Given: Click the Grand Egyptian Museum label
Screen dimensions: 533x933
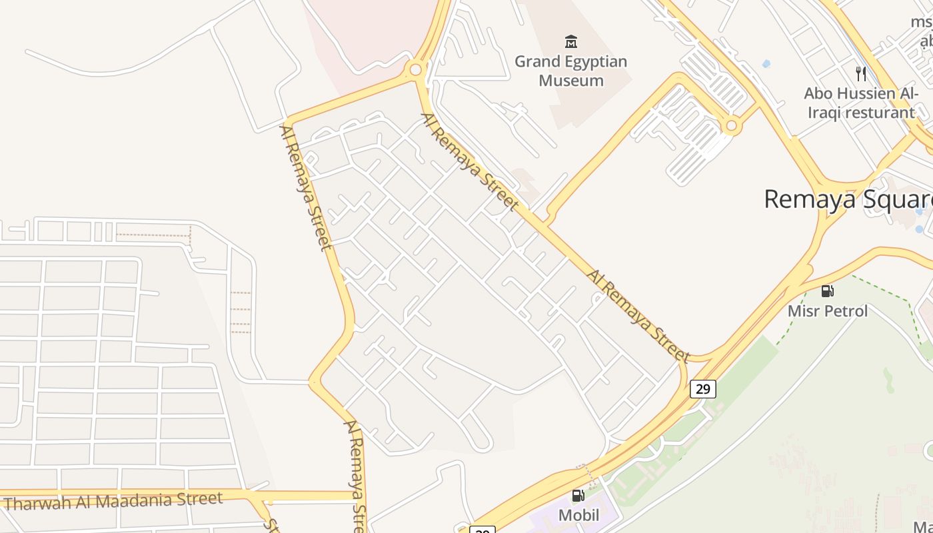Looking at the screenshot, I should (x=571, y=71).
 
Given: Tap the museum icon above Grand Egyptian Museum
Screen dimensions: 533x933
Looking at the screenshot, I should (x=571, y=42).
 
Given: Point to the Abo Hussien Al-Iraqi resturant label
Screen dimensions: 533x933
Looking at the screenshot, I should (x=860, y=103).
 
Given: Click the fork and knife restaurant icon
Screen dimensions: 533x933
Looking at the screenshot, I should (x=861, y=73).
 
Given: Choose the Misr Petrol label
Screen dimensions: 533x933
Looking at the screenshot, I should (x=828, y=311).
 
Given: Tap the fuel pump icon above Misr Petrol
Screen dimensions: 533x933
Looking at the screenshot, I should (x=828, y=290).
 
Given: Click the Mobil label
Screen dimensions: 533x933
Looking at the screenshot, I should (x=578, y=515).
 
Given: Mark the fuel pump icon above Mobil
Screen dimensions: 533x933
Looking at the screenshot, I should (x=578, y=495).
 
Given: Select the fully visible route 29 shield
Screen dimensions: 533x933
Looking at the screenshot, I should (x=703, y=388).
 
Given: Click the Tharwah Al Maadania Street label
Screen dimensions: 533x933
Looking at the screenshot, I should (x=113, y=500).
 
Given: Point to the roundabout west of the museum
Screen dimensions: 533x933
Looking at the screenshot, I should (x=416, y=69).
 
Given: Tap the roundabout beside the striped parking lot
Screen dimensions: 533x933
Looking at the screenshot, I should (x=732, y=125).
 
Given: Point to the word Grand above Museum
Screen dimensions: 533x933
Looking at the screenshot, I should (x=534, y=62).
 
